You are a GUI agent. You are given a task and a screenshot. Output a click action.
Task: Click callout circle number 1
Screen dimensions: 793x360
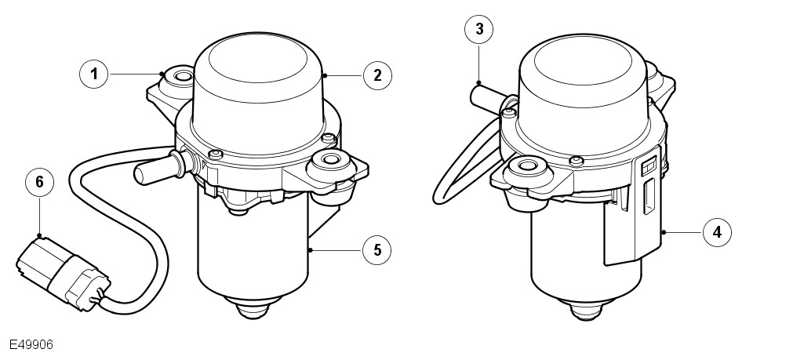point(94,75)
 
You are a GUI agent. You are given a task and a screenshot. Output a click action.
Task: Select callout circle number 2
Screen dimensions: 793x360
point(377,76)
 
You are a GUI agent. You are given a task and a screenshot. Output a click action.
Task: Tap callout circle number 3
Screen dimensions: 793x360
point(479,29)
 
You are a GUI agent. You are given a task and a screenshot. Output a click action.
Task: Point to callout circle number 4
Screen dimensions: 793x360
point(717,233)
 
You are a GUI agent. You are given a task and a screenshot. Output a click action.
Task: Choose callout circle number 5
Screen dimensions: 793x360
point(377,249)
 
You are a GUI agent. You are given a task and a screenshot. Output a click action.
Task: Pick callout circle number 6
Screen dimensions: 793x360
point(39,181)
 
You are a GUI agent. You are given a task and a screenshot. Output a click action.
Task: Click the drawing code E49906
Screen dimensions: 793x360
point(31,345)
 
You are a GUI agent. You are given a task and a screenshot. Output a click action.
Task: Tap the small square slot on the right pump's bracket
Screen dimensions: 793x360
point(649,166)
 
